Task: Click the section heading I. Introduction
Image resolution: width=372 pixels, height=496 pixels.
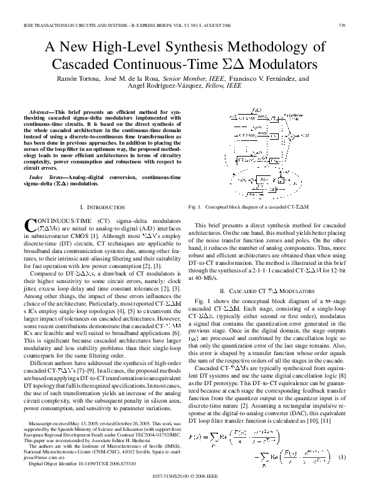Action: click(x=103, y=207)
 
